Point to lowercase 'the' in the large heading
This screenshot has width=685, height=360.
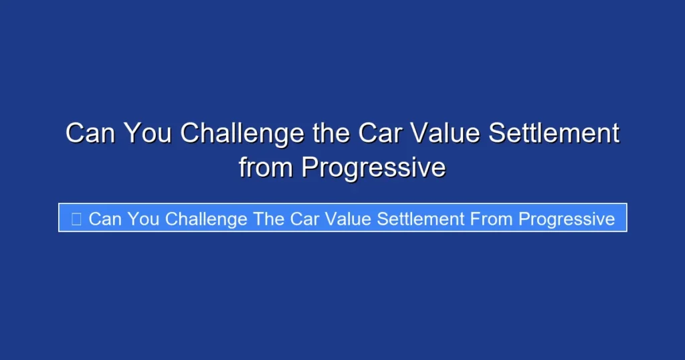tap(331, 134)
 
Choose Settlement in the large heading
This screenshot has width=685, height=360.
tap(554, 134)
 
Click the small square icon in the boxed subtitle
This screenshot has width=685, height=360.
tap(76, 219)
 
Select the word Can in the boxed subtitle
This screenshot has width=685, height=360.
tap(104, 219)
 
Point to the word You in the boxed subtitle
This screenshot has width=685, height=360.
tap(142, 219)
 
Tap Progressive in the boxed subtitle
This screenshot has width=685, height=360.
tap(567, 219)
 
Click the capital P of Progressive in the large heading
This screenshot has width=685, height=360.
tap(309, 167)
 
